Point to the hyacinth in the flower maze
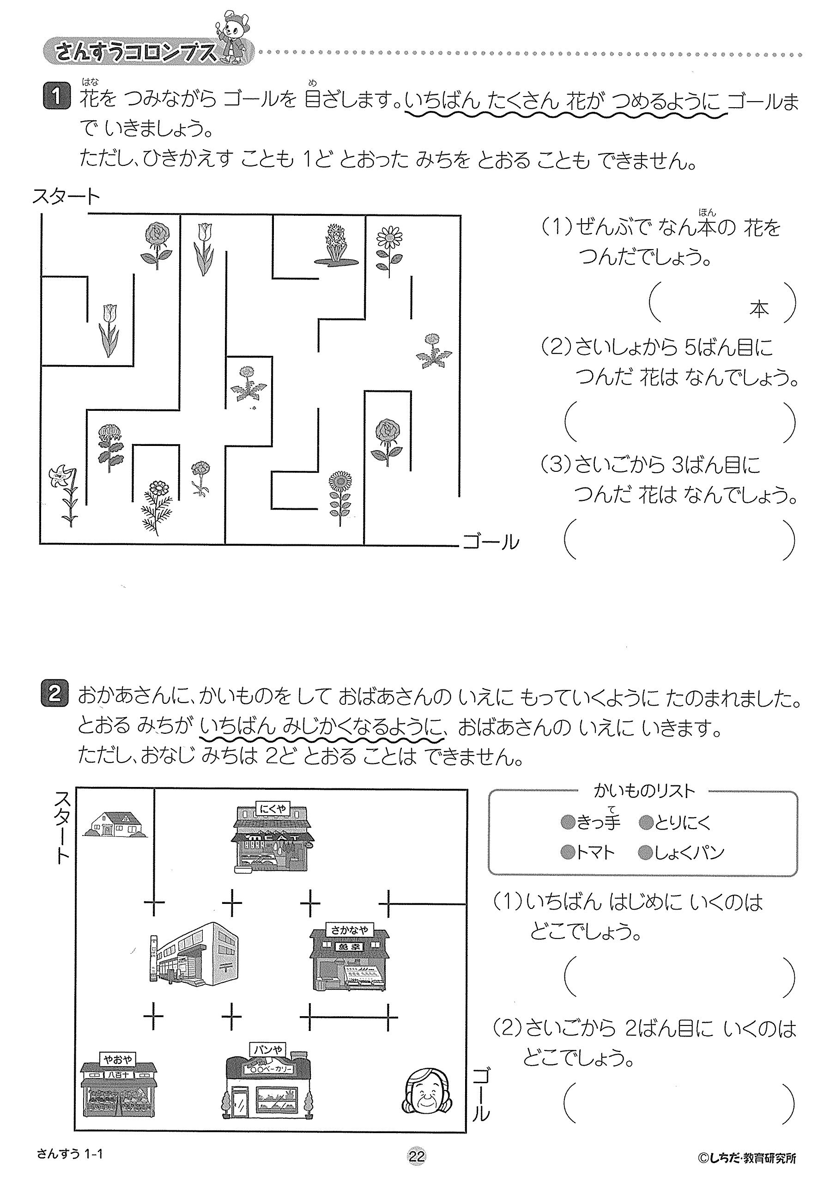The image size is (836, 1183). [336, 245]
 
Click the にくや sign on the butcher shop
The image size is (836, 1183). [273, 810]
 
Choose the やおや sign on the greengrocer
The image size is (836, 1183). [119, 1059]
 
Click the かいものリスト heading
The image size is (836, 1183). [644, 791]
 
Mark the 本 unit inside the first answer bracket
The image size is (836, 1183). [759, 309]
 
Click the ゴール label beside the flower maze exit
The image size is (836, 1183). [491, 542]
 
